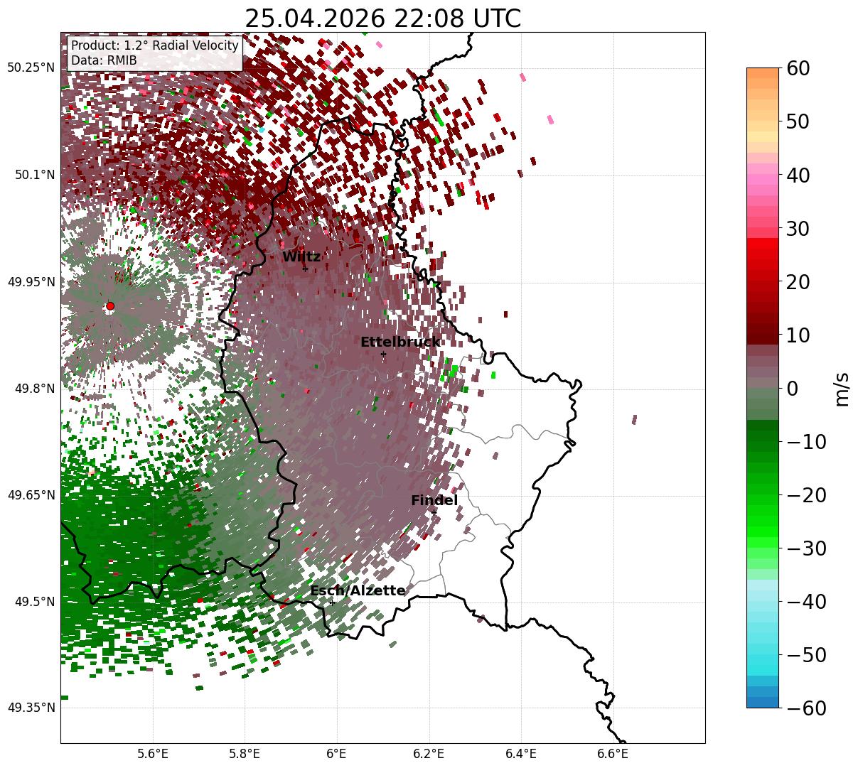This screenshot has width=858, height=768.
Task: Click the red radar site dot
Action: click(x=110, y=306)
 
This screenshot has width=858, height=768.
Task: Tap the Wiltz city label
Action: click(x=301, y=256)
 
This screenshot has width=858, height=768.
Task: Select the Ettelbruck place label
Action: click(x=400, y=342)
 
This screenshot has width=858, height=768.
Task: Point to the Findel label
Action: click(x=434, y=500)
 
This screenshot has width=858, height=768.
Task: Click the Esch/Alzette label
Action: click(x=358, y=590)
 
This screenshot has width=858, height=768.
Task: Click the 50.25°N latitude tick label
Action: click(x=31, y=67)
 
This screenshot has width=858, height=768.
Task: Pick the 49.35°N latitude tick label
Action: click(x=31, y=708)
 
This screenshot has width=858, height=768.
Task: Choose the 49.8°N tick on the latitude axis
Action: click(x=35, y=389)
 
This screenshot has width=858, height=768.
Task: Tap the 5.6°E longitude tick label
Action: click(x=153, y=754)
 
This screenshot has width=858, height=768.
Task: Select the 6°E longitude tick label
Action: click(x=337, y=754)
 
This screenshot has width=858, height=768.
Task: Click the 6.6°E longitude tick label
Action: click(x=613, y=754)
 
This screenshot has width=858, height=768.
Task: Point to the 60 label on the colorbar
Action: click(x=798, y=68)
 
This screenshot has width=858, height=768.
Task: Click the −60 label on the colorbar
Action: click(x=806, y=708)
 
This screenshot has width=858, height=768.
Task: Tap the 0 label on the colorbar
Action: click(x=793, y=388)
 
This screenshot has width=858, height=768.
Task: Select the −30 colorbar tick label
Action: click(x=806, y=548)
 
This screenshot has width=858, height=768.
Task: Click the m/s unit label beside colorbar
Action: click(x=842, y=389)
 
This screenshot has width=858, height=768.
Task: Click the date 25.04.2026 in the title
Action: click(x=315, y=18)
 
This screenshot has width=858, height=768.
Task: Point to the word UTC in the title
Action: click(x=497, y=18)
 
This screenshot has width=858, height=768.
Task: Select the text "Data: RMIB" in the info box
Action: click(x=104, y=60)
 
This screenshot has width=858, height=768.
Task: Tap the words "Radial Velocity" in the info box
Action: click(x=195, y=45)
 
